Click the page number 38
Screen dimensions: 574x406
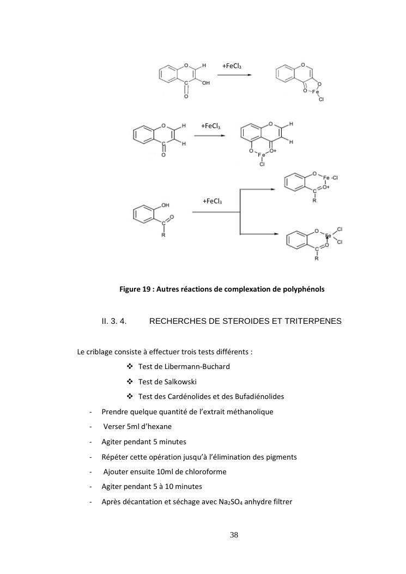point(234,535)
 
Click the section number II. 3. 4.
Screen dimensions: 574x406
point(114,321)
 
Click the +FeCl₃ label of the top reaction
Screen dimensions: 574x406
point(232,67)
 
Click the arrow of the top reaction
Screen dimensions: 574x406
point(234,75)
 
